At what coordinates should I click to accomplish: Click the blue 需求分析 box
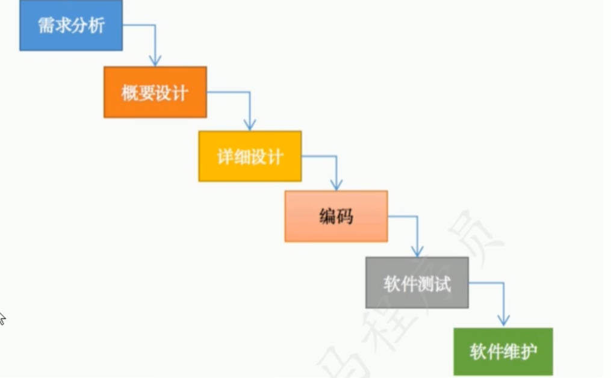(x=70, y=25)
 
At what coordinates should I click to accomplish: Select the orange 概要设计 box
(x=155, y=92)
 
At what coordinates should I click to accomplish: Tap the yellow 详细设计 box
(x=250, y=156)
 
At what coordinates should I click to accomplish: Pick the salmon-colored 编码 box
(x=336, y=216)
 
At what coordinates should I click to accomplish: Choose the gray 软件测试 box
(x=417, y=283)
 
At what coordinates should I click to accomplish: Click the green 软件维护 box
(x=503, y=352)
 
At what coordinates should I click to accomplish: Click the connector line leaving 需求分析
(x=140, y=25)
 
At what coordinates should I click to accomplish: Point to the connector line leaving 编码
(x=402, y=216)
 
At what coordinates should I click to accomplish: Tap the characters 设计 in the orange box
(x=172, y=93)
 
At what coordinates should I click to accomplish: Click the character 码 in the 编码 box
(x=344, y=217)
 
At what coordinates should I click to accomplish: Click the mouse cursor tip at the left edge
(x=1, y=314)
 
